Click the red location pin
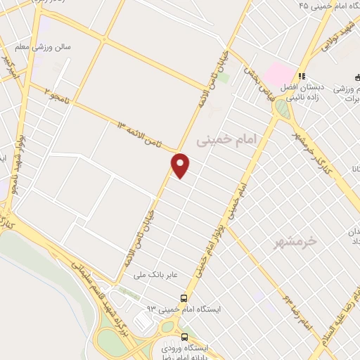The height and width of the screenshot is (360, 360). coord(181,166)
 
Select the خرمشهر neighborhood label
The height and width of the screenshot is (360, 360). coord(303,241)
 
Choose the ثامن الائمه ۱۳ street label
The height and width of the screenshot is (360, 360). coord(148,134)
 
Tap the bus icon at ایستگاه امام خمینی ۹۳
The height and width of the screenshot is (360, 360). coord(184,298)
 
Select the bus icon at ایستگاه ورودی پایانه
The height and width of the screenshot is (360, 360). coord(185,337)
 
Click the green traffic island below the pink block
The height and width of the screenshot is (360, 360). coord(283,108)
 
